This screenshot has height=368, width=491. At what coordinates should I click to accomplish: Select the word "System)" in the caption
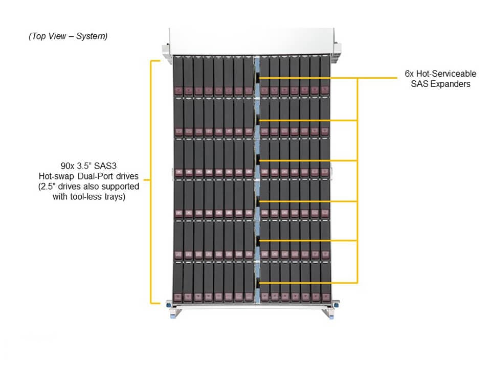92,36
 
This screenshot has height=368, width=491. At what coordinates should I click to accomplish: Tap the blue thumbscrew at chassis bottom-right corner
336,306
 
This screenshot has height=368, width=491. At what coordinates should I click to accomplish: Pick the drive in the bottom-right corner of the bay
325,281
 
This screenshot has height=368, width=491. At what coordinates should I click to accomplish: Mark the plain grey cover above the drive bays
251,40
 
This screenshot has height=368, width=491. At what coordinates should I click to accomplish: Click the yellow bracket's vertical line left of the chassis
150,181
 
